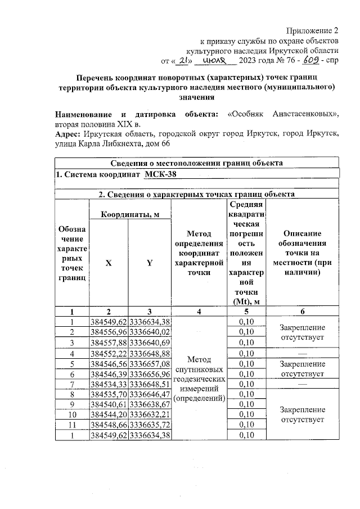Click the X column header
pos(108,261)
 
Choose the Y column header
pos(149,261)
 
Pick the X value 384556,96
pos(109,332)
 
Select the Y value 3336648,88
pos(150,354)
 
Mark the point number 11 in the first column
pos(71,424)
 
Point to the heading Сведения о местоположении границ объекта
pos(196,163)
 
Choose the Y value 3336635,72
pos(150,424)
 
